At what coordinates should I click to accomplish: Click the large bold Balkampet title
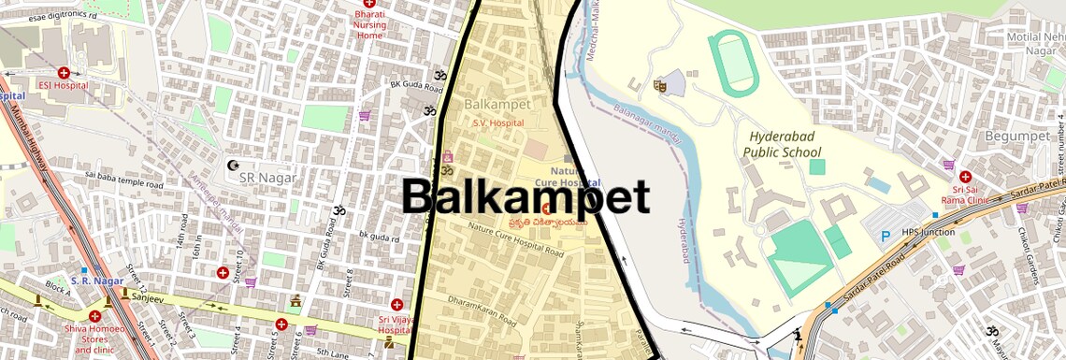526,198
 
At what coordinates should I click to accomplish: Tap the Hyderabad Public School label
783,144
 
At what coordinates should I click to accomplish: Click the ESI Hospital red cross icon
64,72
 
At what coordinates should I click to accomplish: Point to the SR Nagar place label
267,177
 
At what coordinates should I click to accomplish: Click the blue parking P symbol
885,238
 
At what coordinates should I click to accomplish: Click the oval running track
734,62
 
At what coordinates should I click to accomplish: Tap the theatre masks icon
659,84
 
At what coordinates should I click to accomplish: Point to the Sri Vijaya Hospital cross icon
396,304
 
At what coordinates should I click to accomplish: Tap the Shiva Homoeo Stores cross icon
94,315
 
